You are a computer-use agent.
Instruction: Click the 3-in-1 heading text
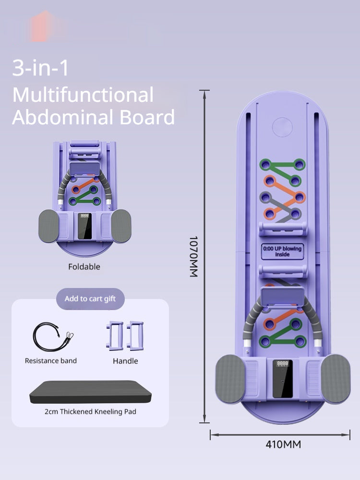coord(40,69)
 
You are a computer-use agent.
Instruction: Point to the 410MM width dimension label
coord(283,444)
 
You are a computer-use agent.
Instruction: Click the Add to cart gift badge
coord(90,299)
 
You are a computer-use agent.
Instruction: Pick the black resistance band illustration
coord(52,336)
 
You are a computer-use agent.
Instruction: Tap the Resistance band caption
coord(51,360)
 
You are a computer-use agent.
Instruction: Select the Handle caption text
coord(125,360)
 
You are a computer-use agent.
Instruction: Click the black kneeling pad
coord(90,392)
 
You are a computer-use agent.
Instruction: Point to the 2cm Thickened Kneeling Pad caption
coord(90,411)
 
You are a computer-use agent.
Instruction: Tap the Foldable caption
coord(84,267)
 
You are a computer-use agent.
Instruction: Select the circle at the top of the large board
coord(282,127)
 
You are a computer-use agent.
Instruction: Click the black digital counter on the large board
coord(282,379)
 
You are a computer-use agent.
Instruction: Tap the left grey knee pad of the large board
coord(230,379)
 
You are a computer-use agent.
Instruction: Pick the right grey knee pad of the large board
coord(335,379)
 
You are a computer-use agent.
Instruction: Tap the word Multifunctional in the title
coord(83,95)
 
